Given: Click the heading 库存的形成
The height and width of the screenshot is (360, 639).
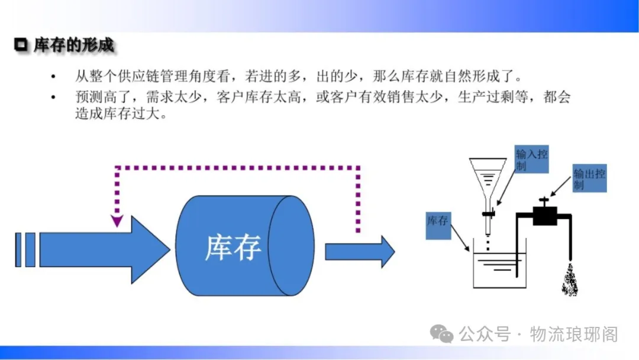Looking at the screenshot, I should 73,45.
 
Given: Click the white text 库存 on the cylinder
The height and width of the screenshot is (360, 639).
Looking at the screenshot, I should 233,247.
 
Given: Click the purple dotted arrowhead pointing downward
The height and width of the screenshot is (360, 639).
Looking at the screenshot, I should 117,221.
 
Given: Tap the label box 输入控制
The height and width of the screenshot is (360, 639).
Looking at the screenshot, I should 531,160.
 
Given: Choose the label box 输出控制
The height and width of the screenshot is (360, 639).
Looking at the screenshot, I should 589,179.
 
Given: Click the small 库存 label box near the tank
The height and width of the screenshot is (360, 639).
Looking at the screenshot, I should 438,226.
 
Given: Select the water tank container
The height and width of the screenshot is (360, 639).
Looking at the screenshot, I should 499,269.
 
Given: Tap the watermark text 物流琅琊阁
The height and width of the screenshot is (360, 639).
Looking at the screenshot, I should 574,335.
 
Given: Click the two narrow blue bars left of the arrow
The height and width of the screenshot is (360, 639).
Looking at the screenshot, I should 25,249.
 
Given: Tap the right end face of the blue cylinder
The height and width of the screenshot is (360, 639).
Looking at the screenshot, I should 291,245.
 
